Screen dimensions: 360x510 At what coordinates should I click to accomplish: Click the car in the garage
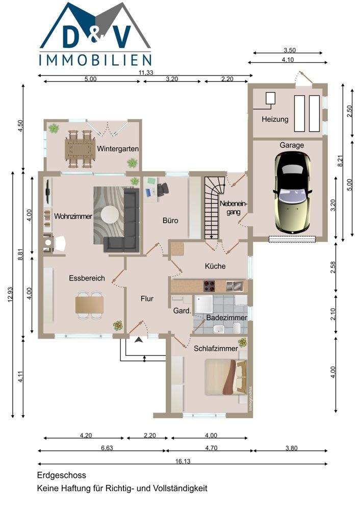tap(293, 193)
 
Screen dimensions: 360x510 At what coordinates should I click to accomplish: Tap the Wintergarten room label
tap(118, 149)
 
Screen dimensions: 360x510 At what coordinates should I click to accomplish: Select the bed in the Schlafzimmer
tap(226, 377)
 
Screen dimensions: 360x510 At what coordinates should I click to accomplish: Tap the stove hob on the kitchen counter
tap(210, 286)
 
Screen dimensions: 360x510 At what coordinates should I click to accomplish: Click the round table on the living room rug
tap(110, 215)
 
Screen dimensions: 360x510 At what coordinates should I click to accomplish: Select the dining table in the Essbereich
tap(89, 304)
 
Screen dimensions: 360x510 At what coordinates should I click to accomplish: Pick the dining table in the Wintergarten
tap(80, 148)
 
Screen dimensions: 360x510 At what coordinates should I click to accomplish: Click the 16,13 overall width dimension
tap(183, 461)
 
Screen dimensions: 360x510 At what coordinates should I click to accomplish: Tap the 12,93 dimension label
tap(10, 294)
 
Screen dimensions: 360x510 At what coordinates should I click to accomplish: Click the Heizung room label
tap(275, 119)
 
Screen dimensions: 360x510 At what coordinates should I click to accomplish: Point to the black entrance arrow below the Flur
tap(139, 340)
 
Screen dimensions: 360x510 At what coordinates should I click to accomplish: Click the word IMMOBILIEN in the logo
tap(95, 60)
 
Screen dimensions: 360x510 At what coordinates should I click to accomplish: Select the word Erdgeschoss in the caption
tap(62, 475)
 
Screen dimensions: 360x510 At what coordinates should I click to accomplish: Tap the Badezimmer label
tap(227, 317)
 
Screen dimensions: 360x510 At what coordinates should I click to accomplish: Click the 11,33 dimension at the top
tap(146, 72)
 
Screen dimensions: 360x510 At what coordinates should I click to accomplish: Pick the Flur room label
tap(147, 298)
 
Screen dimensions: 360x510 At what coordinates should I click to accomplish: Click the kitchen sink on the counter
tap(235, 285)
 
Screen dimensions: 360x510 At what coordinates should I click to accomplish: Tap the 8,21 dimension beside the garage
tap(341, 161)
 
